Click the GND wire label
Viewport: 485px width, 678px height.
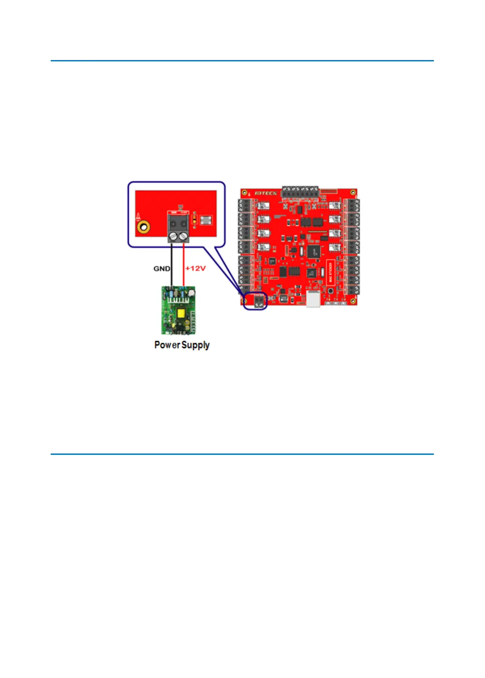point(162,268)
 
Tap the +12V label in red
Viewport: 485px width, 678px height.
point(196,268)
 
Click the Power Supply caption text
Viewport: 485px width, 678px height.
point(182,345)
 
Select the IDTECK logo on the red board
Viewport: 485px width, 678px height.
point(266,193)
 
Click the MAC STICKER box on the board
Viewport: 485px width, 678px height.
point(331,272)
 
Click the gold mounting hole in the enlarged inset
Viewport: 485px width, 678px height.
point(144,227)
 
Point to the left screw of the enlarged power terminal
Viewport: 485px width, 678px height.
point(173,235)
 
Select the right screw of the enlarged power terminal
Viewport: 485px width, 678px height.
point(184,235)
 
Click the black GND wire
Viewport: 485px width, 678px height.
point(171,264)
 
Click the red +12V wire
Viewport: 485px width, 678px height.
point(184,264)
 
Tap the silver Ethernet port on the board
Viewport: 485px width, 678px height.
point(313,298)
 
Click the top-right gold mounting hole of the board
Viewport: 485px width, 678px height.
point(353,193)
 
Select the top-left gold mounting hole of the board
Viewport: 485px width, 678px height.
point(245,193)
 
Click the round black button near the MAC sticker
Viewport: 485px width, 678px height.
point(331,291)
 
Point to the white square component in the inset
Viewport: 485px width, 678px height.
point(205,220)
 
